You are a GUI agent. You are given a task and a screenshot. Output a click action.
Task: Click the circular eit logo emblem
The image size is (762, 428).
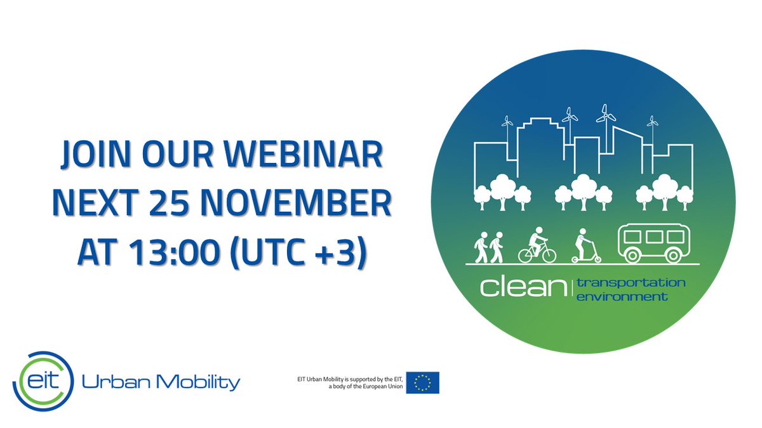[39, 381]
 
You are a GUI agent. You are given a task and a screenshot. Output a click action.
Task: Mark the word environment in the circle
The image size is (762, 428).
[622, 296]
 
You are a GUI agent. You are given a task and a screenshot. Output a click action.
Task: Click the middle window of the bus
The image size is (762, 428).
[654, 237]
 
